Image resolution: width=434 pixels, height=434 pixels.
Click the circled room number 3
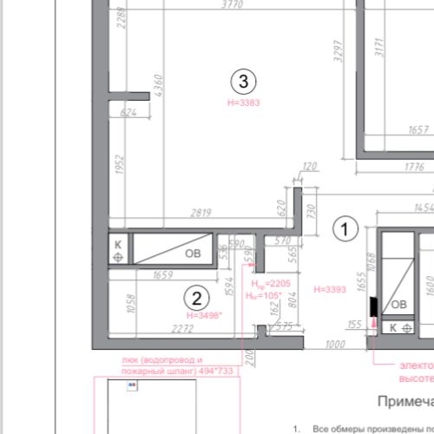tap(243, 82)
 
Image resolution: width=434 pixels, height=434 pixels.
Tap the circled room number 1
tap(345, 229)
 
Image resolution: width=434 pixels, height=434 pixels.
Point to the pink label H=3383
tap(243, 102)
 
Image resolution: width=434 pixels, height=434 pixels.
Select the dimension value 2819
tap(201, 212)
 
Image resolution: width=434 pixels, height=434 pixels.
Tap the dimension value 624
tap(128, 113)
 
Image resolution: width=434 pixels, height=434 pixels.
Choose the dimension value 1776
tap(419, 166)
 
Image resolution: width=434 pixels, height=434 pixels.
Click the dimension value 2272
tap(182, 328)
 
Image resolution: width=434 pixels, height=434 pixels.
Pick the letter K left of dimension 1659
tap(117, 245)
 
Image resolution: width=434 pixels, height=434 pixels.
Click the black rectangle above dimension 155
tap(372, 306)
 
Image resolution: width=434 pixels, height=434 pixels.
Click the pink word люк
tap(130, 359)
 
